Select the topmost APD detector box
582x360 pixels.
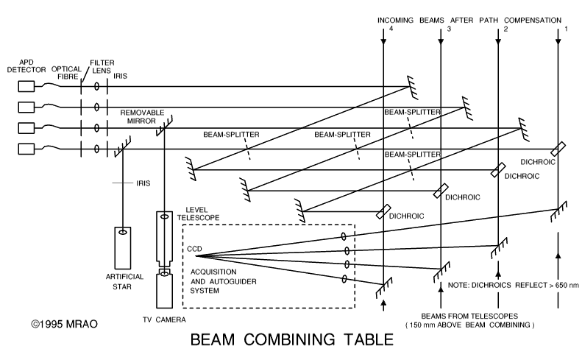pyautogui.click(x=26, y=86)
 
